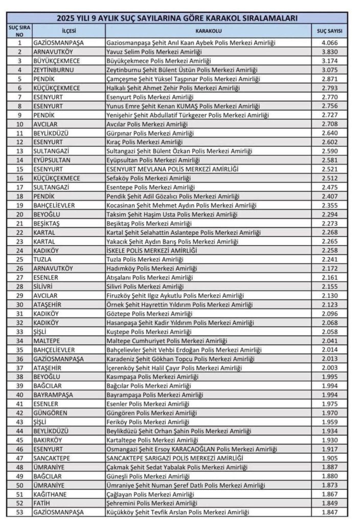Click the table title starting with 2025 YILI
(178, 18)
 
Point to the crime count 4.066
(330, 43)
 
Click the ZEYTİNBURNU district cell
(56, 70)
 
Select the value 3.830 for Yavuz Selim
(330, 52)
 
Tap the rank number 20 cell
(19, 214)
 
